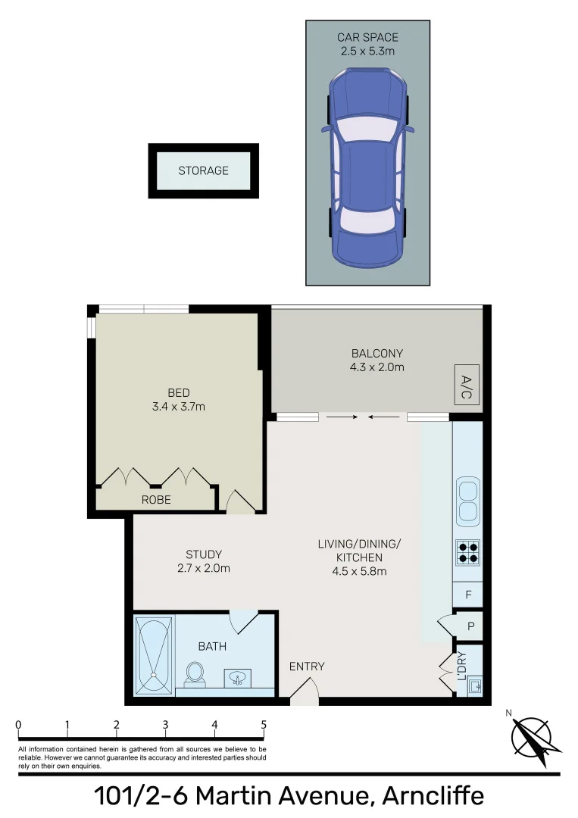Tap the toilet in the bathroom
[x=195, y=673]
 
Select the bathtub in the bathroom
[x=154, y=656]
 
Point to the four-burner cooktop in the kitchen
[x=467, y=551]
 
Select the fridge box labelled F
[x=468, y=595]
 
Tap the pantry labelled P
[x=470, y=626]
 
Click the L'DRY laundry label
[x=461, y=666]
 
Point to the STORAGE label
[x=203, y=171]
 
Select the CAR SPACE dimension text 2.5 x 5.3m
[x=367, y=52]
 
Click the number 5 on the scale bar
[x=264, y=725]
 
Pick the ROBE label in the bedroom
[x=156, y=500]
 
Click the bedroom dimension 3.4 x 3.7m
[x=179, y=406]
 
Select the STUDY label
[x=204, y=554]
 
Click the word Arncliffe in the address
[x=433, y=796]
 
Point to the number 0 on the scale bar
[x=18, y=725]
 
